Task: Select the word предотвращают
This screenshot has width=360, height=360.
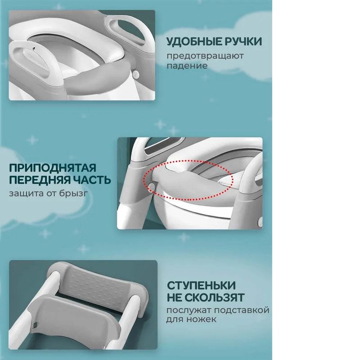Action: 205,56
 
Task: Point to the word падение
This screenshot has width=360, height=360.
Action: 187,66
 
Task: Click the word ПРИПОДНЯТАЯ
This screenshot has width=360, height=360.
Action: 53,168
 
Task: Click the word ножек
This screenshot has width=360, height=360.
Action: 204,319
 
